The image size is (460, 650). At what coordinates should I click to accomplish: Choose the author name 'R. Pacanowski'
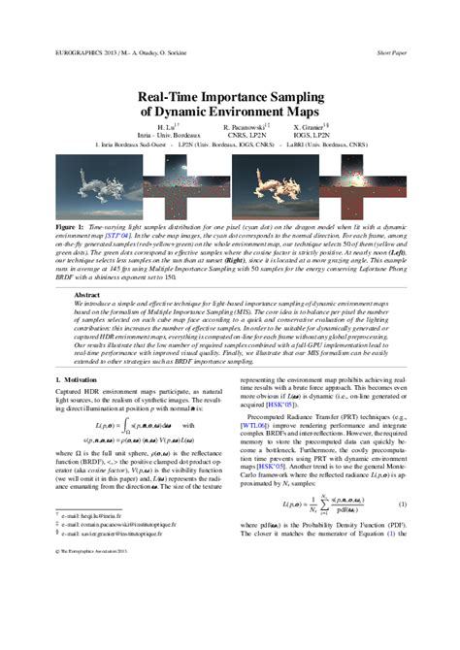pyautogui.click(x=244, y=127)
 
